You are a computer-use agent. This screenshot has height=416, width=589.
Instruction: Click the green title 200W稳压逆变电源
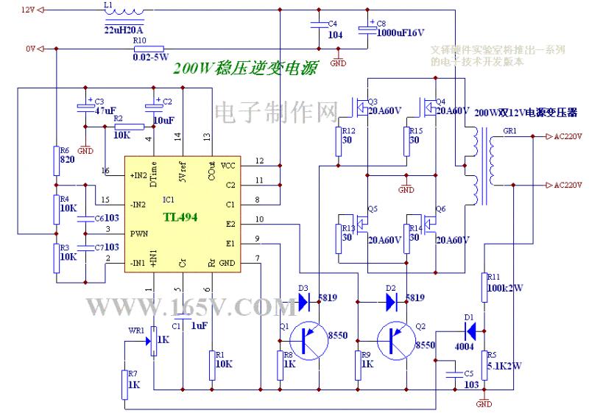point(246,68)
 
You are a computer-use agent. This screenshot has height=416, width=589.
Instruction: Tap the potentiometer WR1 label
point(136,331)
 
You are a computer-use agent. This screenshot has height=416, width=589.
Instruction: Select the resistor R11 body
point(484,286)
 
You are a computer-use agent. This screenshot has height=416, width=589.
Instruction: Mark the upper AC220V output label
point(567,137)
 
